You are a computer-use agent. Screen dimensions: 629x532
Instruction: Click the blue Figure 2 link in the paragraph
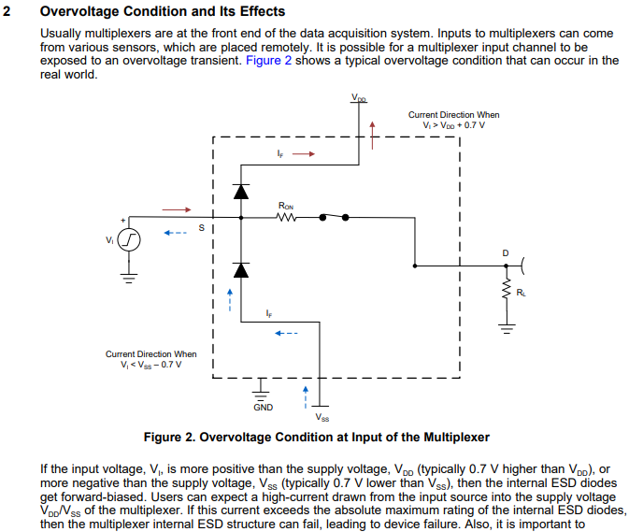[x=268, y=61]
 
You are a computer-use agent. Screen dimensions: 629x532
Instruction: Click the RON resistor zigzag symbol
[x=286, y=218]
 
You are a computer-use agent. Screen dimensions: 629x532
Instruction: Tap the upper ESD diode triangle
[x=241, y=192]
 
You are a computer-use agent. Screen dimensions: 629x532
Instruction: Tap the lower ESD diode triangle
[x=241, y=270]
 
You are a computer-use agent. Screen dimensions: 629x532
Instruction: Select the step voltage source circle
[x=129, y=240]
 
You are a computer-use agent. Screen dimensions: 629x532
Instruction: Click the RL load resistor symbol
[x=507, y=289]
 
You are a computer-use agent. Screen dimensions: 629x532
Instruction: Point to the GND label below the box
[x=264, y=408]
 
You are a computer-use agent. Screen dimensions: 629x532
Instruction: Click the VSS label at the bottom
[x=322, y=418]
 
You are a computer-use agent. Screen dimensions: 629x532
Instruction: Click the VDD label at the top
[x=359, y=97]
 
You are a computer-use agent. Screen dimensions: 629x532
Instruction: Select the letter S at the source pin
[x=201, y=228]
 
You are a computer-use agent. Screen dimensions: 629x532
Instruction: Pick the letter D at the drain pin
[x=506, y=253]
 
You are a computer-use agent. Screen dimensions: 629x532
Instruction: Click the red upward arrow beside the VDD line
[x=372, y=136]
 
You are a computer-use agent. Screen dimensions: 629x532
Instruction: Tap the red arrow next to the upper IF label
[x=304, y=153]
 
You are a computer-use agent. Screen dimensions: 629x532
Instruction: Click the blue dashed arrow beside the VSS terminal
[x=306, y=397]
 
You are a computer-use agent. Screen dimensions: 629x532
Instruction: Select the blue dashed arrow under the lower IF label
[x=286, y=333]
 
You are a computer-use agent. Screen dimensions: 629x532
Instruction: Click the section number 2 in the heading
[x=7, y=11]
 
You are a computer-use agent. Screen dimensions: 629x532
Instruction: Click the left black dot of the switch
[x=322, y=218]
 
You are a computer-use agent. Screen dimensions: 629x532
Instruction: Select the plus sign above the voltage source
[x=123, y=221]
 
